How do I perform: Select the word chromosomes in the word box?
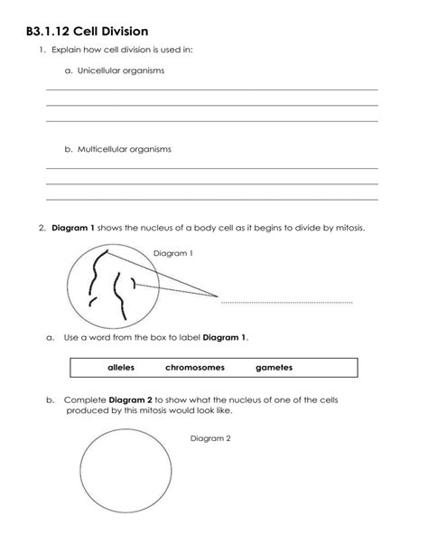point(194,368)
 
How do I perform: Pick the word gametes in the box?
point(274,368)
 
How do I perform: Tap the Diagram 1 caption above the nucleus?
point(173,253)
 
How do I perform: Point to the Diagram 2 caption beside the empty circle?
point(210,438)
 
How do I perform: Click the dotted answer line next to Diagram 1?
point(286,302)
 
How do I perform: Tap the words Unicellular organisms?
point(114,70)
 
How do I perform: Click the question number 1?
point(42,51)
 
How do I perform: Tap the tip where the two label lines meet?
point(217,296)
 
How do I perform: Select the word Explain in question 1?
point(70,51)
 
